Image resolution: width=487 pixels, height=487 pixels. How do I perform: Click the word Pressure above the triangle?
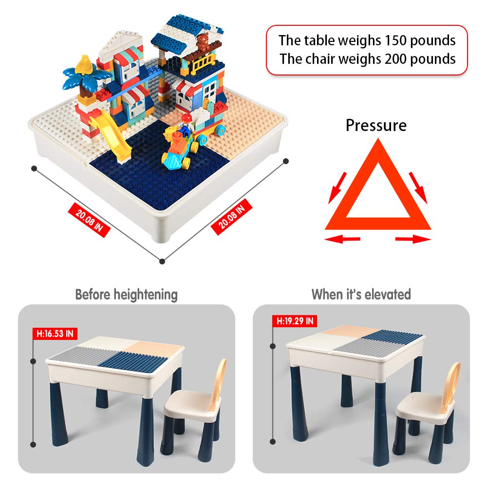376,126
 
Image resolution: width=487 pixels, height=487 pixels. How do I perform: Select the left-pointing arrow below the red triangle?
342,239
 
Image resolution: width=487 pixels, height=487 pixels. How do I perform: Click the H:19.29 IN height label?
295,321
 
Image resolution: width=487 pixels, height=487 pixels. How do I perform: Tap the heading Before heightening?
126,295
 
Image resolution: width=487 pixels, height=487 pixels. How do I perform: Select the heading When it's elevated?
361,295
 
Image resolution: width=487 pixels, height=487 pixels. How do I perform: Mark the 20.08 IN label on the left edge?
90,219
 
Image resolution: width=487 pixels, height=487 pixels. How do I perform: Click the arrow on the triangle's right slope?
418,187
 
